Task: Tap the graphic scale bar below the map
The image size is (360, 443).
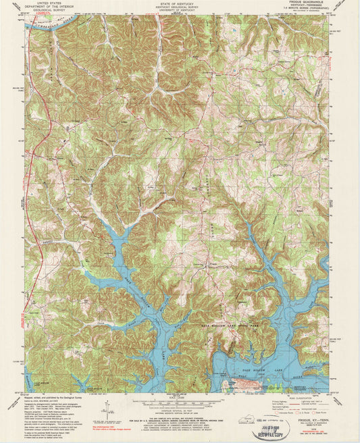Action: [179, 400]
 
